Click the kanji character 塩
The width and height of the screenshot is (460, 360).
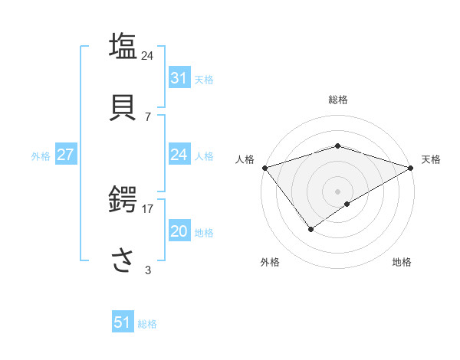[x=124, y=46]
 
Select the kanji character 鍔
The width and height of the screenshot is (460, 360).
[x=124, y=201]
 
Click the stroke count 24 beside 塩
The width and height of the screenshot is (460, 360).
[x=148, y=56]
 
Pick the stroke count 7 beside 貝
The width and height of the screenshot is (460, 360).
[x=148, y=117]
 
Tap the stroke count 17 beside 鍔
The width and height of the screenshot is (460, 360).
[x=148, y=208]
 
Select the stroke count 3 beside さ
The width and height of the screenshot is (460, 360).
[x=148, y=270]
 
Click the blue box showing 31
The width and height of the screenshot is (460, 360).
[x=179, y=78]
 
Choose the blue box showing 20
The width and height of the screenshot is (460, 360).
[x=179, y=231]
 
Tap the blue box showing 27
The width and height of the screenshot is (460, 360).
[x=65, y=155]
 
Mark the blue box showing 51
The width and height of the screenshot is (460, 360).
[x=123, y=322]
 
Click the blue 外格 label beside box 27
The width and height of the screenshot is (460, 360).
[x=41, y=155]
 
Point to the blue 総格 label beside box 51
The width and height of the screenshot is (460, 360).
[x=147, y=324]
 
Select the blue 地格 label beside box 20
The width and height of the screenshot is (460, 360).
[x=204, y=232]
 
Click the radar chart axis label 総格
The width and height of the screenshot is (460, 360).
[x=337, y=100]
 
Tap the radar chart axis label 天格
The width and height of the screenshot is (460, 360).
[x=431, y=159]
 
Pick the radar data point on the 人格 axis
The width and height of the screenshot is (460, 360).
[x=264, y=167]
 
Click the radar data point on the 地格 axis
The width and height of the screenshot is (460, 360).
[x=347, y=204]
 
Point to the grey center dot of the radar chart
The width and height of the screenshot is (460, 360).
[x=337, y=191]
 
